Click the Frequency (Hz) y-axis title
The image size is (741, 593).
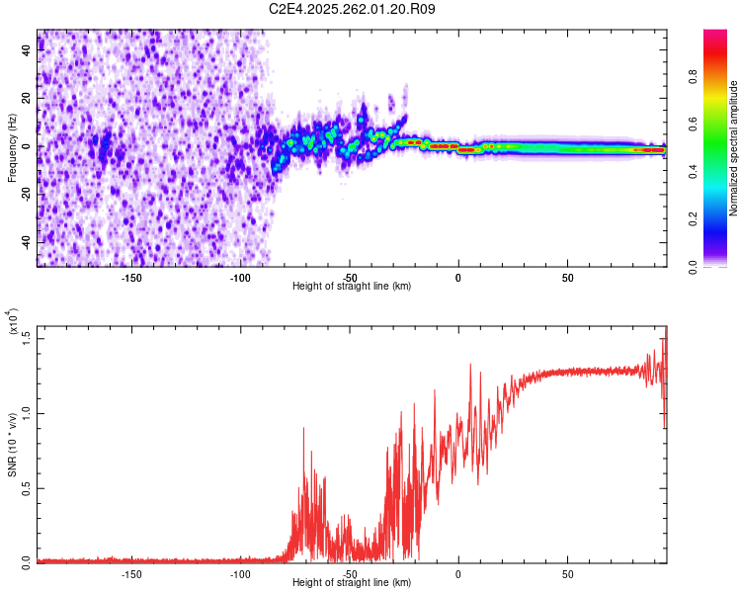coord(12,147)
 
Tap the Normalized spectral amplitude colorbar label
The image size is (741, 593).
coord(734,148)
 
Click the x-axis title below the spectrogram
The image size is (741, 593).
coord(352,287)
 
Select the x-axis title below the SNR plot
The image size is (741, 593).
coord(352,583)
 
